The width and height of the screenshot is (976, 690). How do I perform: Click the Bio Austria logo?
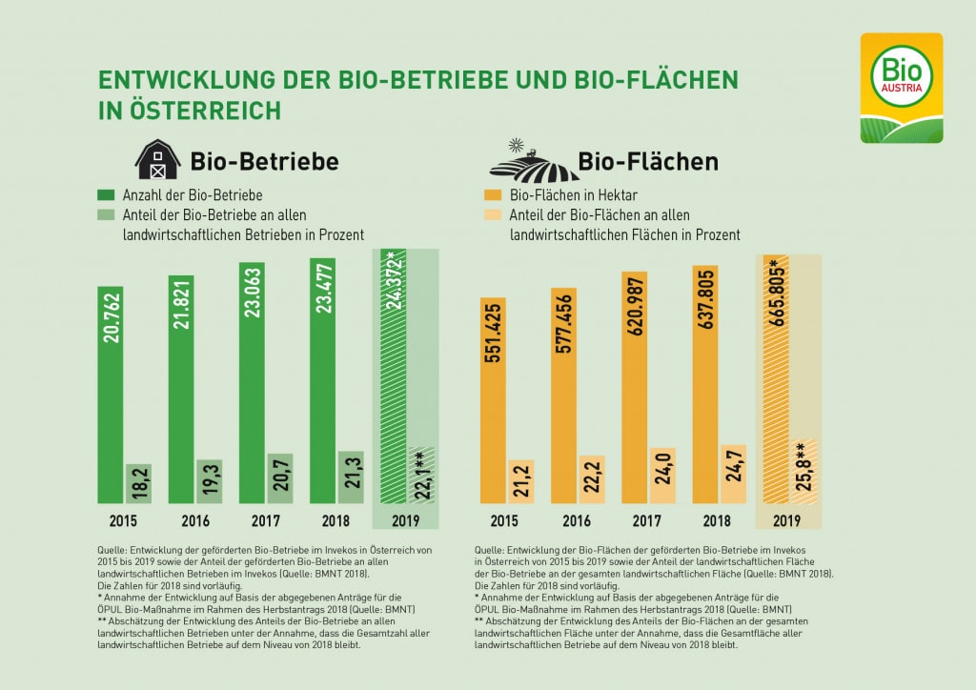(901, 88)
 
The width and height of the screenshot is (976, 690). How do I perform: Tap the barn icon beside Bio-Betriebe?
(157, 160)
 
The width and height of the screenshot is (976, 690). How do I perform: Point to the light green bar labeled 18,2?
(138, 483)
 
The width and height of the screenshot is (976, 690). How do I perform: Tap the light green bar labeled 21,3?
(351, 477)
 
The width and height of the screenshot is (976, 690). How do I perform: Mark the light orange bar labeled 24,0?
(661, 476)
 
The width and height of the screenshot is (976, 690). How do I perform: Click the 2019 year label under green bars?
(405, 520)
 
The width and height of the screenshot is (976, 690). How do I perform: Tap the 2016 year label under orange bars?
(575, 520)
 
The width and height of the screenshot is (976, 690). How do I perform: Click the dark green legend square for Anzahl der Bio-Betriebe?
(104, 194)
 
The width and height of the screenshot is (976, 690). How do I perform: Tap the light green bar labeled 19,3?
(209, 480)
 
